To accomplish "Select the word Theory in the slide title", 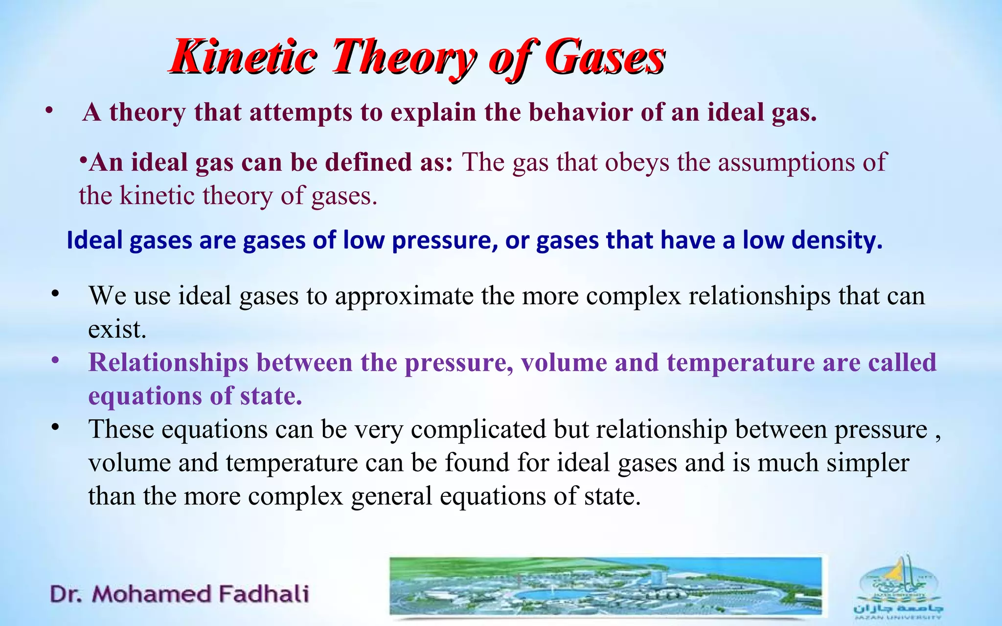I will point(403,58).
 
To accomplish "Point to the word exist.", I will point(117,329).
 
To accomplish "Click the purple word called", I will point(902,363).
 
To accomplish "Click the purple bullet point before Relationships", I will point(55,361).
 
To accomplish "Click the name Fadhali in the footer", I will point(264,594).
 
